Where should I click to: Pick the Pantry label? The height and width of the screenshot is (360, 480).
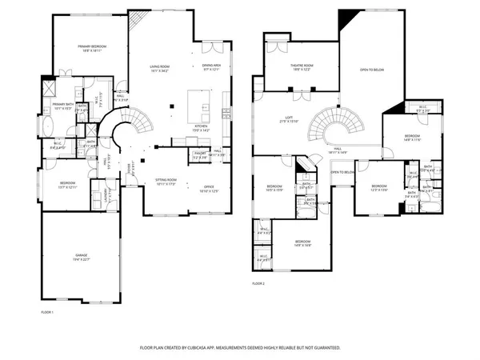tap(201, 155)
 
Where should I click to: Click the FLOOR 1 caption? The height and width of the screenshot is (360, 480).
tap(48, 311)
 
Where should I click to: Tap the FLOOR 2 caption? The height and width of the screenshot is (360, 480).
tap(259, 284)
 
